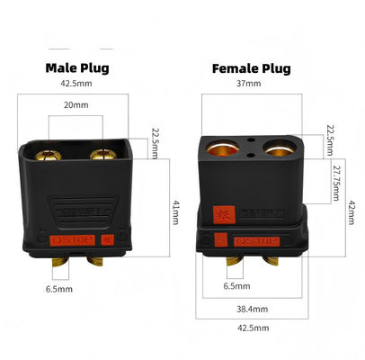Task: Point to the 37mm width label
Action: (248, 85)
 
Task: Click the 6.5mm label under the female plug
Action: (236, 287)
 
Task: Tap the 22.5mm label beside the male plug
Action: (156, 143)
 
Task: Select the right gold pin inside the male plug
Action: (102, 155)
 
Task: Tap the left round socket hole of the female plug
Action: (221, 147)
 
